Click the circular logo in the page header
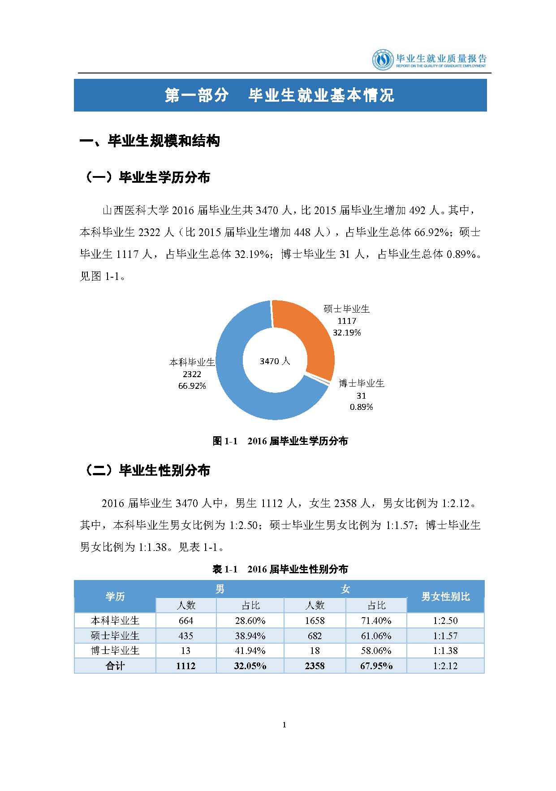[382, 60]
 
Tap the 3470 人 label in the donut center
[275, 361]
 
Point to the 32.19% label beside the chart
[347, 332]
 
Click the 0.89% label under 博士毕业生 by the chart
[361, 407]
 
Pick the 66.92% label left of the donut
[192, 386]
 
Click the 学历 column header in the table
[115, 597]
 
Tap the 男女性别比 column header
[445, 597]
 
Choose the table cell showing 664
[186, 621]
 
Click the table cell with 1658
[315, 621]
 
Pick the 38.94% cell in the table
[250, 636]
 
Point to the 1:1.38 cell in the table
[445, 651]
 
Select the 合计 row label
[115, 666]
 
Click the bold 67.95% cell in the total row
[376, 666]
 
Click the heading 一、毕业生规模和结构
[150, 142]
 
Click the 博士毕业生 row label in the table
[115, 651]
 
